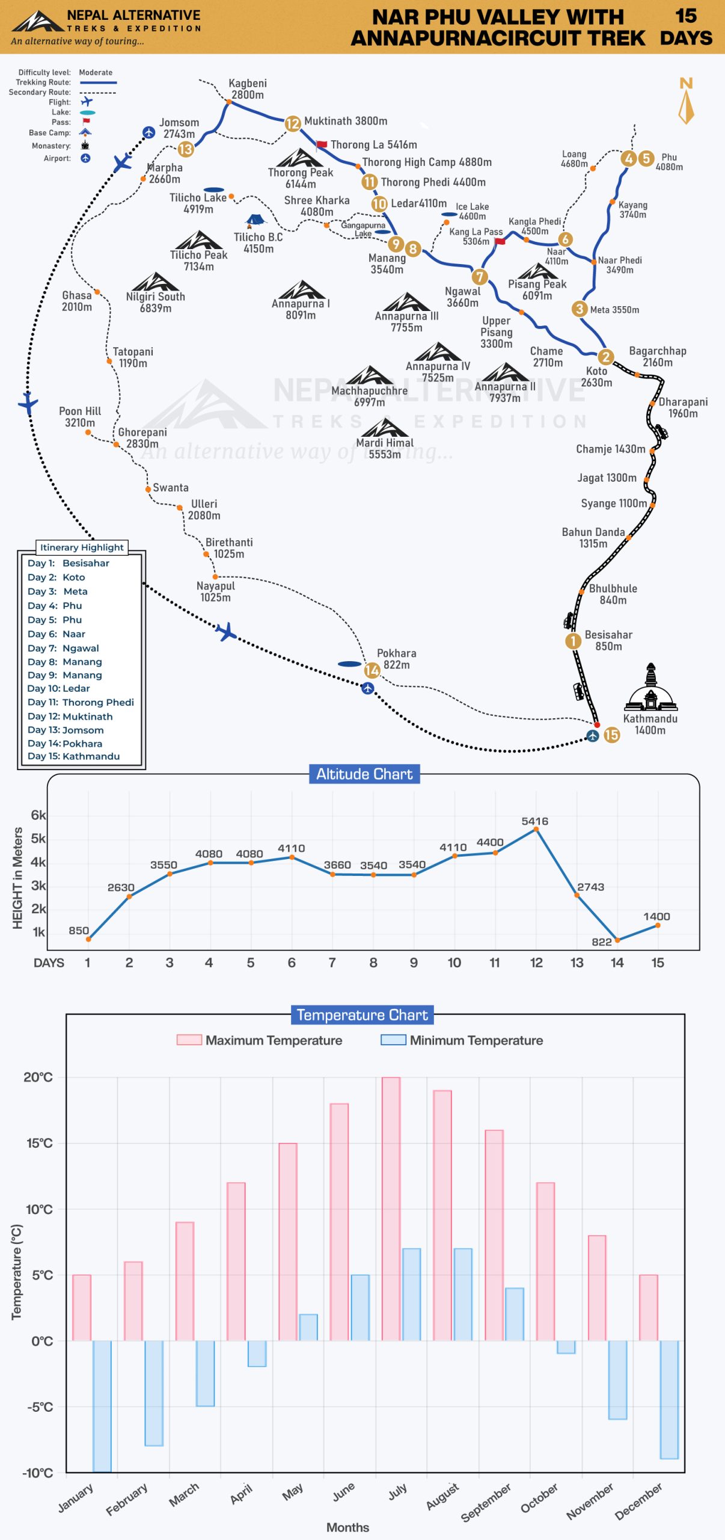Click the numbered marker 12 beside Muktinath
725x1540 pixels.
tap(292, 123)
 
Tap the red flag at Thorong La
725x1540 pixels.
tap(322, 145)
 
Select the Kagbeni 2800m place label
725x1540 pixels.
tap(247, 89)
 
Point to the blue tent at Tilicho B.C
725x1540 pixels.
tap(255, 221)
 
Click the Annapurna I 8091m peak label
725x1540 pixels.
tap(301, 309)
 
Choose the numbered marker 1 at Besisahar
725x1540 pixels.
tap(573, 641)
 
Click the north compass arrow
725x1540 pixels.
tap(686, 107)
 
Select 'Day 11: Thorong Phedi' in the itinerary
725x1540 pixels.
tap(81, 702)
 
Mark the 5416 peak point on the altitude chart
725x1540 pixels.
tap(536, 830)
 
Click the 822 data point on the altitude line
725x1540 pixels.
tap(617, 940)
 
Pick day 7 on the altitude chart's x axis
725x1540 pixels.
tap(332, 962)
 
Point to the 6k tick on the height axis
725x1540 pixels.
tap(38, 815)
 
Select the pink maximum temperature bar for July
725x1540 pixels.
tap(391, 1209)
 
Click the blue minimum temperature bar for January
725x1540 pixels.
tap(102, 1406)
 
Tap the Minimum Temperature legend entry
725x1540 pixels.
tap(462, 1040)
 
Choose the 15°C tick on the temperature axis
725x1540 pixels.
tap(39, 1143)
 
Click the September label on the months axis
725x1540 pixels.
tap(486, 1502)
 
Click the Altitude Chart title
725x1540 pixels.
tap(364, 774)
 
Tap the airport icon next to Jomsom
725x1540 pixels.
tap(148, 132)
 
